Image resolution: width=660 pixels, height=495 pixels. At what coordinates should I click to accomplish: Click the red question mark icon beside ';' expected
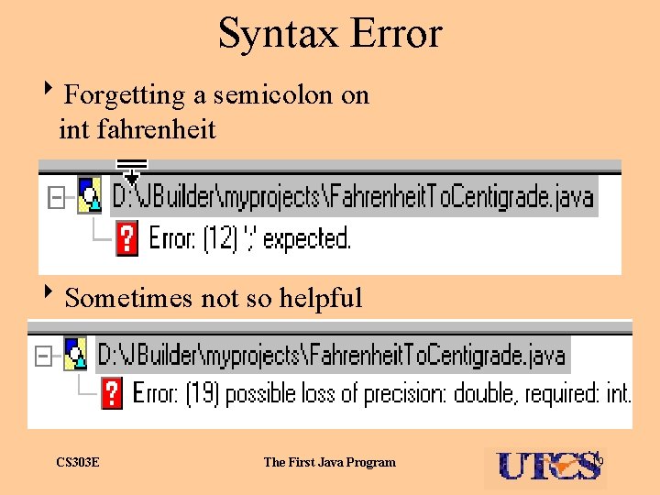pyautogui.click(x=127, y=239)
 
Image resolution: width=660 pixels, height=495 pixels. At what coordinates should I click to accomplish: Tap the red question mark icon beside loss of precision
pyautogui.click(x=111, y=394)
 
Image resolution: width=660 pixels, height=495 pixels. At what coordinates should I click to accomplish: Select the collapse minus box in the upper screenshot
pyautogui.click(x=57, y=198)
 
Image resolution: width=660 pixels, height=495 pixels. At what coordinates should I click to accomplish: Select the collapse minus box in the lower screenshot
pyautogui.click(x=41, y=355)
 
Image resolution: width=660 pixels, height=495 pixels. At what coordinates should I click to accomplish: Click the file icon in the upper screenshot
pyautogui.click(x=89, y=195)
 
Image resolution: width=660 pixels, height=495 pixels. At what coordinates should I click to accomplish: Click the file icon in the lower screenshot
pyautogui.click(x=74, y=354)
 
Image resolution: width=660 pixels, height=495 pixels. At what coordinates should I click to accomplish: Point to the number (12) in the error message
pyautogui.click(x=220, y=239)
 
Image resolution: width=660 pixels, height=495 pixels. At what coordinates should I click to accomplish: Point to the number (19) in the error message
pyautogui.click(x=203, y=394)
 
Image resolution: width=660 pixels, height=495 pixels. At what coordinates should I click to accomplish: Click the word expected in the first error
pyautogui.click(x=306, y=239)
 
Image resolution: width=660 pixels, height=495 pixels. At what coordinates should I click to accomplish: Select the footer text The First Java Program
pyautogui.click(x=330, y=462)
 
